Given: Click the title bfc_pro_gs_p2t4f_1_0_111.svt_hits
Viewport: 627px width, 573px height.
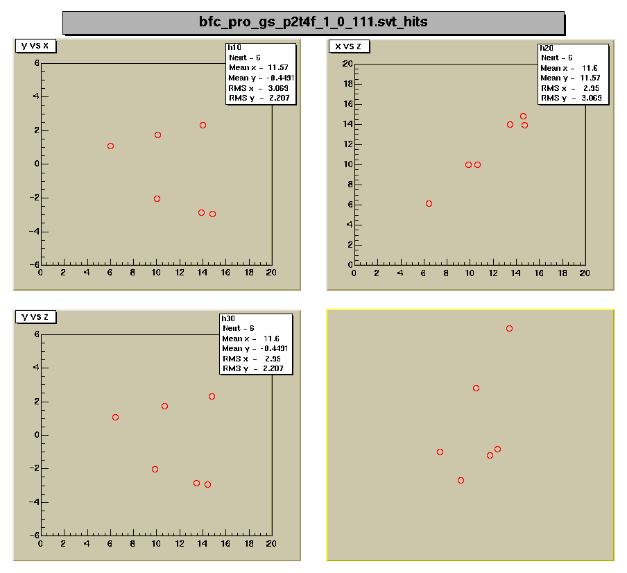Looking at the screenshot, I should [313, 22].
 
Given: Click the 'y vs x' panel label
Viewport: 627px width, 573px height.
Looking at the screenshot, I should [35, 46].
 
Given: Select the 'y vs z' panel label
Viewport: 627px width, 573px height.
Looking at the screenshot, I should [35, 317].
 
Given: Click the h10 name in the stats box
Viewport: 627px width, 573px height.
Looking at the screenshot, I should [234, 47].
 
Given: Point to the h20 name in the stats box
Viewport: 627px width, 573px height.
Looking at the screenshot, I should [546, 48].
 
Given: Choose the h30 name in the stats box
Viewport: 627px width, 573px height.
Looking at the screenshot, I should [227, 318].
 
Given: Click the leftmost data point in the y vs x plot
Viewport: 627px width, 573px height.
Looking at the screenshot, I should [110, 146].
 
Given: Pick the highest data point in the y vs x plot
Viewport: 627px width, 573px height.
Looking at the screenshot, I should [203, 126].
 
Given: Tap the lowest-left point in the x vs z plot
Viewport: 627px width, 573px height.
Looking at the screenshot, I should [429, 204].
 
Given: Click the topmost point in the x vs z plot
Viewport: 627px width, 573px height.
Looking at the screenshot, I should [523, 117].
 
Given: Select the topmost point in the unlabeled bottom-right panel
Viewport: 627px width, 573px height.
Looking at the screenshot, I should [509, 328].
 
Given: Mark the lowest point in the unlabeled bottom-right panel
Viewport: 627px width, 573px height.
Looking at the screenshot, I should [461, 480].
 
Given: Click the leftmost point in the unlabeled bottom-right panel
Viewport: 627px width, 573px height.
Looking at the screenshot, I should [440, 452].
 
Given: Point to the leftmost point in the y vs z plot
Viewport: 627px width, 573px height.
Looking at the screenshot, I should [115, 417].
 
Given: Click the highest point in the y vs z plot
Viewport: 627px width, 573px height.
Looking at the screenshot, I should [212, 396].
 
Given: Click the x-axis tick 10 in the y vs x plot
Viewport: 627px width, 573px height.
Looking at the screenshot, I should [156, 273].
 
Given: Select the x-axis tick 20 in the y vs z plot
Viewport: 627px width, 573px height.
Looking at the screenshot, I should [270, 544].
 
